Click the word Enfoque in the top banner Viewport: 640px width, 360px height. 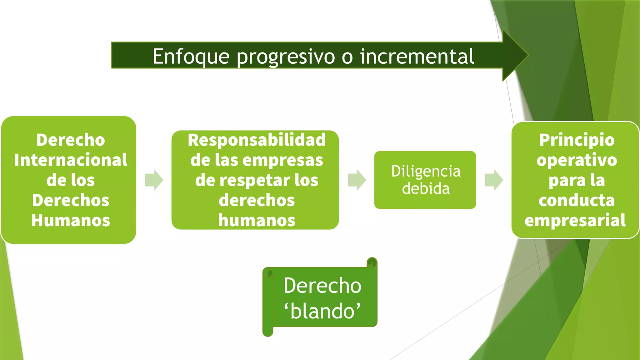pos(191,57)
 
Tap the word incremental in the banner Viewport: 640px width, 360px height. pos(417,57)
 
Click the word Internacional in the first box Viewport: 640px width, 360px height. pos(71,160)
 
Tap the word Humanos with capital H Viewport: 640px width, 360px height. pos(71,220)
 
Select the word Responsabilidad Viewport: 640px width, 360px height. pos(257,140)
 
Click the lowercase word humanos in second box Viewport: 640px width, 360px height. pos(257,220)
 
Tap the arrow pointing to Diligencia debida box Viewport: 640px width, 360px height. pos(357,180)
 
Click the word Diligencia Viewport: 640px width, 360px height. pos(426,171)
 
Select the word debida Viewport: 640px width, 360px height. pos(426,189)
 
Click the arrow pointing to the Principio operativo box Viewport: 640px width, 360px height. pos(494,180)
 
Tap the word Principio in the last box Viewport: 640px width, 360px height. pos(577,140)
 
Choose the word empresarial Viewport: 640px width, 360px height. pos(575,220)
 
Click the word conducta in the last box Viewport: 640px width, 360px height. pos(577,200)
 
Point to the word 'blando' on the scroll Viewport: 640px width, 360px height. pos(322,311)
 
